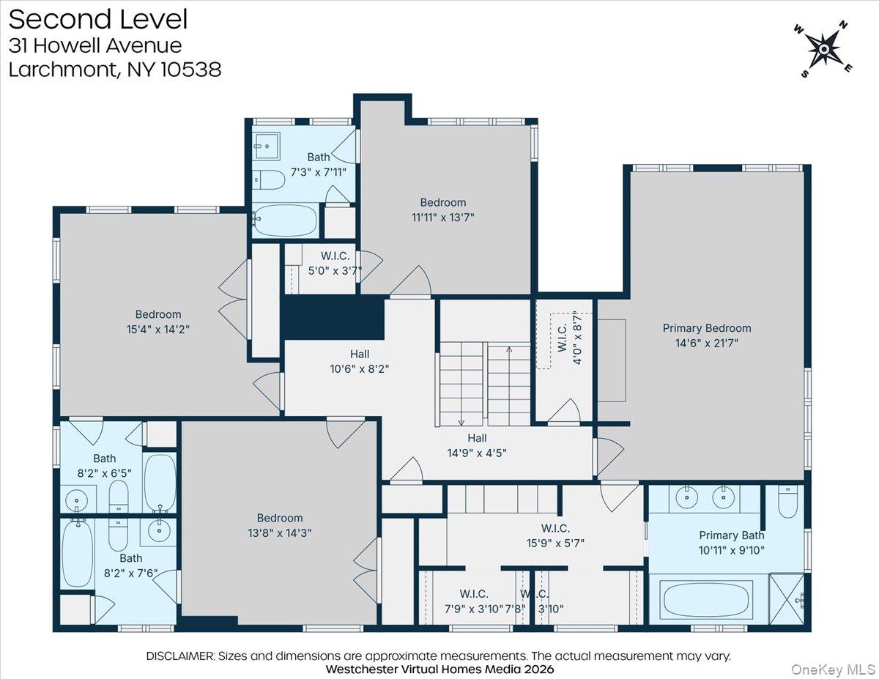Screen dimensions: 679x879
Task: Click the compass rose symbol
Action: (823, 49)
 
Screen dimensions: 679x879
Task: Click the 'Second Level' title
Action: (97, 19)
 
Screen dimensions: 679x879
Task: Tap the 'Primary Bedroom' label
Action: (706, 328)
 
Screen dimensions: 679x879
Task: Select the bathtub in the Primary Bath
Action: (708, 599)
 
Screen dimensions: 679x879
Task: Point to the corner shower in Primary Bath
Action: (787, 598)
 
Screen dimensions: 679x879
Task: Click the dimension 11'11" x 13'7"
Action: (442, 217)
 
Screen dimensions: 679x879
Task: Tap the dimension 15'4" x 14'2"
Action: (157, 329)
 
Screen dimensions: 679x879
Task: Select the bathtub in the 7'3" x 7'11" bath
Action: (285, 219)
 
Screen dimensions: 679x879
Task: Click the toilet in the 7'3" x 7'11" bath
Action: (270, 179)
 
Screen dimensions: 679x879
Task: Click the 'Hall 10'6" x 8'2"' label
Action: (358, 362)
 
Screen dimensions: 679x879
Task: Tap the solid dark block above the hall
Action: (333, 317)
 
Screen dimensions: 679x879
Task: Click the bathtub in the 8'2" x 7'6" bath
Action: (77, 553)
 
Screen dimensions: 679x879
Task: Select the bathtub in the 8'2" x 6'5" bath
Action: (159, 482)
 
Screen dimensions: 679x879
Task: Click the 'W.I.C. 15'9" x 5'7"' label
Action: (555, 535)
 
